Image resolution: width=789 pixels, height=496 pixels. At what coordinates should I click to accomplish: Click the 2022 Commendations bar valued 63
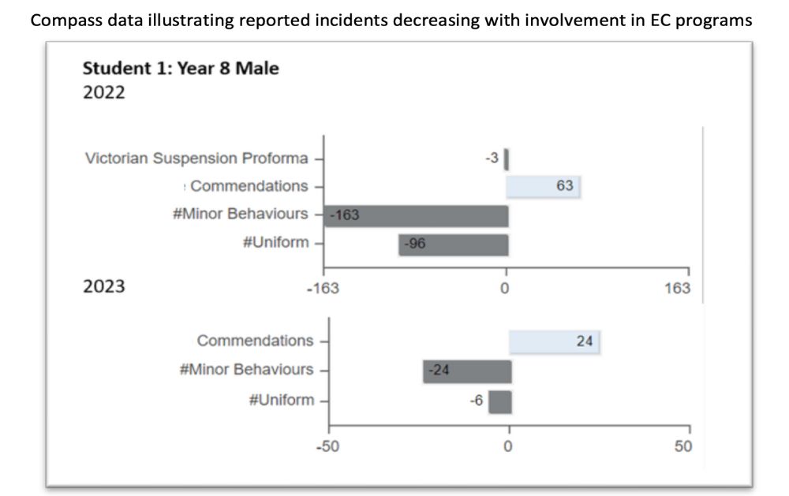pos(543,187)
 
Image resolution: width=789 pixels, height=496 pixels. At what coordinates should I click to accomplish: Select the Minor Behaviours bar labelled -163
pos(416,216)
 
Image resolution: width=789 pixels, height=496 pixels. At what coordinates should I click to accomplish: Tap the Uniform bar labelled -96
pos(454,245)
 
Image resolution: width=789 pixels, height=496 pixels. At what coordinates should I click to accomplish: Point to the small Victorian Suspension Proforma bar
pos(507,159)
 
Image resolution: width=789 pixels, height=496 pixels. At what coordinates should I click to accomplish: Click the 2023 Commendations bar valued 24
pos(554,342)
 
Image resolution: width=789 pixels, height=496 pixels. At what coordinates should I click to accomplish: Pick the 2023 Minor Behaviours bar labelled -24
pos(467,371)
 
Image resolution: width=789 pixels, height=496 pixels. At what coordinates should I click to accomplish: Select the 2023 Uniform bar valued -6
pos(500,402)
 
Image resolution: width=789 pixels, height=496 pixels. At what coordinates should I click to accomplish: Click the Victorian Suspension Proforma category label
pos(196,158)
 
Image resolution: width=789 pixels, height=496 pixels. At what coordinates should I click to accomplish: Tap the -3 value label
pos(492,158)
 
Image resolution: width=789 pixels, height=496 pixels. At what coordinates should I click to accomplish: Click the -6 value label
pos(476,401)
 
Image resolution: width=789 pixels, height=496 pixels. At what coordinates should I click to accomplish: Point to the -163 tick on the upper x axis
pos(323,289)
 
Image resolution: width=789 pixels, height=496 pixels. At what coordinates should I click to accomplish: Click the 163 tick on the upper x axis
pos(677,289)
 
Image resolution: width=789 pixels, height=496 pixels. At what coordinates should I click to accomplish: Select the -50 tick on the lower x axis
pos(327,446)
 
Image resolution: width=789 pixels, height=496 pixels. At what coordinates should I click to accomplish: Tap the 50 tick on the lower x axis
pos(683,446)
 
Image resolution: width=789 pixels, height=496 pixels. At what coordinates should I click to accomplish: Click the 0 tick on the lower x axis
pos(508,446)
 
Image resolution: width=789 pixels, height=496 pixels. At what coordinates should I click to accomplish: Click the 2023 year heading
pos(103,286)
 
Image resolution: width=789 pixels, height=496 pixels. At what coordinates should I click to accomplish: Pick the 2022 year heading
pos(103,92)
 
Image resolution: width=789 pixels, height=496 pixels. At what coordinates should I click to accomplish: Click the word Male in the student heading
pos(257,68)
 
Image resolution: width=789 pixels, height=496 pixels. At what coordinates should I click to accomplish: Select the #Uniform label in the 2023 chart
pos(282,400)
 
